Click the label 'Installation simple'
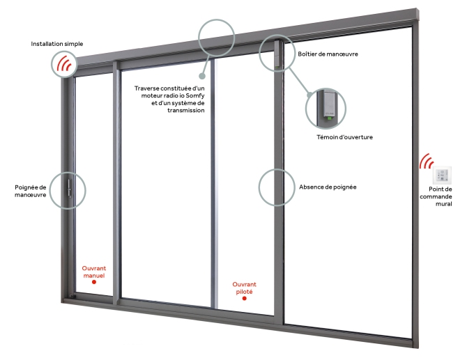click(x=57, y=44)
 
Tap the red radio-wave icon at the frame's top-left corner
click(x=65, y=64)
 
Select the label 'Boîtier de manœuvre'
click(x=328, y=54)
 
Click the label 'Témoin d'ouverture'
click(x=344, y=137)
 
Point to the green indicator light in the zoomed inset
click(x=328, y=117)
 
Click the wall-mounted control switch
click(x=443, y=175)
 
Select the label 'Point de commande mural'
click(x=441, y=196)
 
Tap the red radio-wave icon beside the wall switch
click(x=426, y=162)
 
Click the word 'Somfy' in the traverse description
click(x=192, y=95)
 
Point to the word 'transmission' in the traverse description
click(x=186, y=110)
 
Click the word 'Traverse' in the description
click(x=151, y=88)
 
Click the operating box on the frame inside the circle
click(x=277, y=54)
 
